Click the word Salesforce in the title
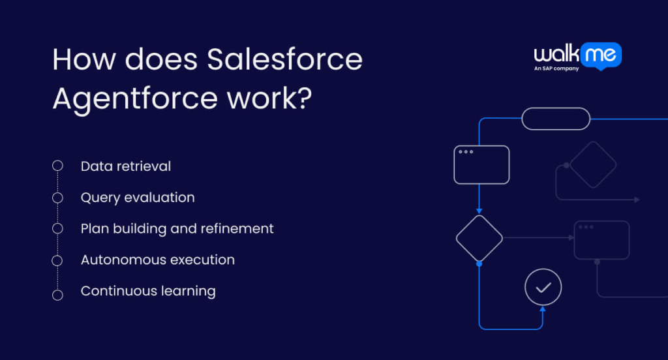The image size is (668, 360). click(284, 61)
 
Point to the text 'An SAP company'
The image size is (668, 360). click(556, 68)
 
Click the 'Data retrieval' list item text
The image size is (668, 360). click(126, 166)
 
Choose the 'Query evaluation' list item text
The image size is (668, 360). click(138, 197)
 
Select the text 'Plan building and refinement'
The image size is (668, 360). click(177, 228)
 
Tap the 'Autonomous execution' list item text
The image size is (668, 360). click(157, 260)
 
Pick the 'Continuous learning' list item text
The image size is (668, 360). click(148, 291)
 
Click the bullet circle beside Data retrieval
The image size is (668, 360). click(57, 166)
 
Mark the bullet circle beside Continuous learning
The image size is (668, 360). click(57, 295)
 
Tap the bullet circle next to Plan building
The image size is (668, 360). click(57, 229)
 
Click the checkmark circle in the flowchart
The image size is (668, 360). click(543, 287)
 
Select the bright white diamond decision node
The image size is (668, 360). click(479, 238)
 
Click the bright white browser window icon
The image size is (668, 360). click(481, 164)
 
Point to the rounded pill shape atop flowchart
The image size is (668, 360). click(556, 119)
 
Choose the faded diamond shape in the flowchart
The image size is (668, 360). click(592, 165)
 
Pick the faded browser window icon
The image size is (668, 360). click(601, 240)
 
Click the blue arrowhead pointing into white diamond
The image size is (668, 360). click(479, 211)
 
